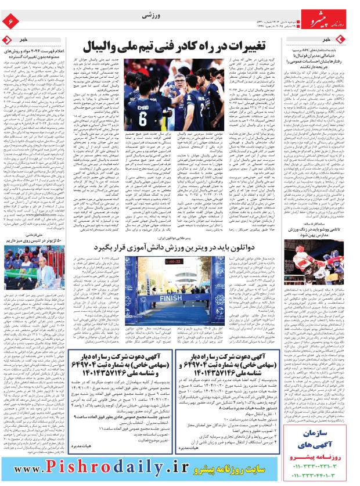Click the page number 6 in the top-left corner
point(10,21)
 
